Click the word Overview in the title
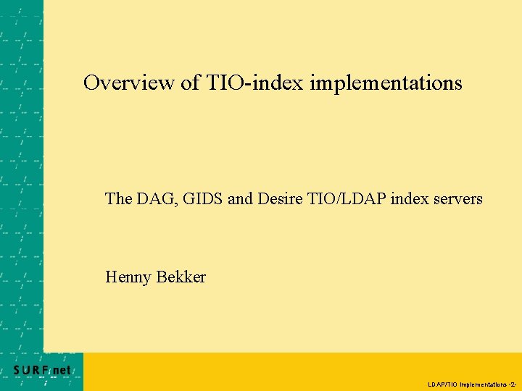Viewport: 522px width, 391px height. pyautogui.click(x=129, y=83)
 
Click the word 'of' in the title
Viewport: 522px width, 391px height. pyautogui.click(x=190, y=83)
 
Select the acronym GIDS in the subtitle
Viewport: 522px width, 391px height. pyautogui.click(x=202, y=198)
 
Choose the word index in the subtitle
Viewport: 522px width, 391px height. pyautogui.click(x=408, y=198)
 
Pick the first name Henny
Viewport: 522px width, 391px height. pyautogui.click(x=128, y=277)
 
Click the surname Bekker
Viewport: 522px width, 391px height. pyautogui.click(x=181, y=277)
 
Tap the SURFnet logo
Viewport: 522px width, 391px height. pyautogui.click(x=42, y=370)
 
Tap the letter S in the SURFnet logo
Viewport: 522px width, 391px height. pyautogui.click(x=17, y=370)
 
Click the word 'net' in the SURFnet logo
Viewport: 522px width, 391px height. pyautogui.click(x=62, y=370)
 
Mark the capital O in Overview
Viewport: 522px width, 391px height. pyautogui.click(x=91, y=83)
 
